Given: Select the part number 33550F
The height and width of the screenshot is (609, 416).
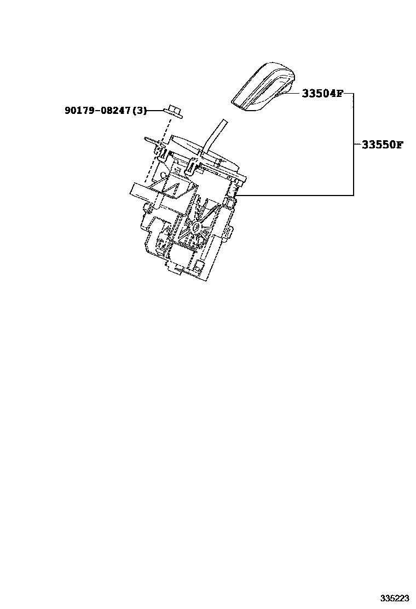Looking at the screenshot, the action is pyautogui.click(x=381, y=145).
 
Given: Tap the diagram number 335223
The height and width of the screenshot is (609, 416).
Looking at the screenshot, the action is pyautogui.click(x=394, y=597).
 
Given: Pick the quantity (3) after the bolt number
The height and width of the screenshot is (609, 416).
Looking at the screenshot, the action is pyautogui.click(x=140, y=111).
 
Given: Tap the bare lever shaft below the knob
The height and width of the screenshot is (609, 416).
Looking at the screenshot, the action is pyautogui.click(x=214, y=134).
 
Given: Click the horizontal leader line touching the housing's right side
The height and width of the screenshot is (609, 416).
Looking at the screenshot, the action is pyautogui.click(x=296, y=196).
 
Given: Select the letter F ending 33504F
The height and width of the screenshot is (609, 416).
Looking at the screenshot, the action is pyautogui.click(x=339, y=94).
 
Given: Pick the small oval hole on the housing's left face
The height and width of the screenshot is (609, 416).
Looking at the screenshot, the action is pyautogui.click(x=165, y=177).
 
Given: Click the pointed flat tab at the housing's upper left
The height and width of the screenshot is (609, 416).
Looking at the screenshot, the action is pyautogui.click(x=151, y=140).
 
